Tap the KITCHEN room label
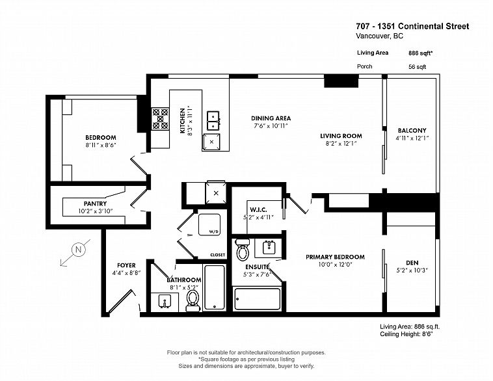(182, 120)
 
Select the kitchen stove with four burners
(160, 119)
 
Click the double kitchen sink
(213, 119)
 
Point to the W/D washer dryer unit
(209, 224)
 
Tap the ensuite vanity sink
(268, 246)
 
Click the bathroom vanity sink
(165, 301)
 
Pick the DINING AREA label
(271, 118)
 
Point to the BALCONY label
(412, 131)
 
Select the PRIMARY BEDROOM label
(335, 257)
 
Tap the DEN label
(412, 263)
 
